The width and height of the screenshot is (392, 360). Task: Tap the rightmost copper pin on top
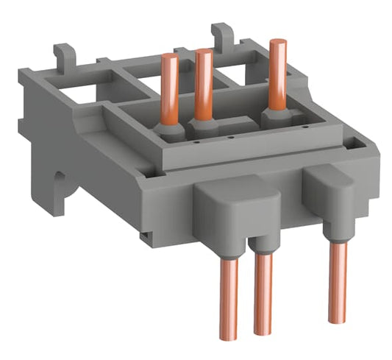click(x=278, y=74)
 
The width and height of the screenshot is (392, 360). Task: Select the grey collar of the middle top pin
click(x=202, y=125)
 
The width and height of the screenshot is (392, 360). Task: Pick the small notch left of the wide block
click(x=148, y=236)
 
